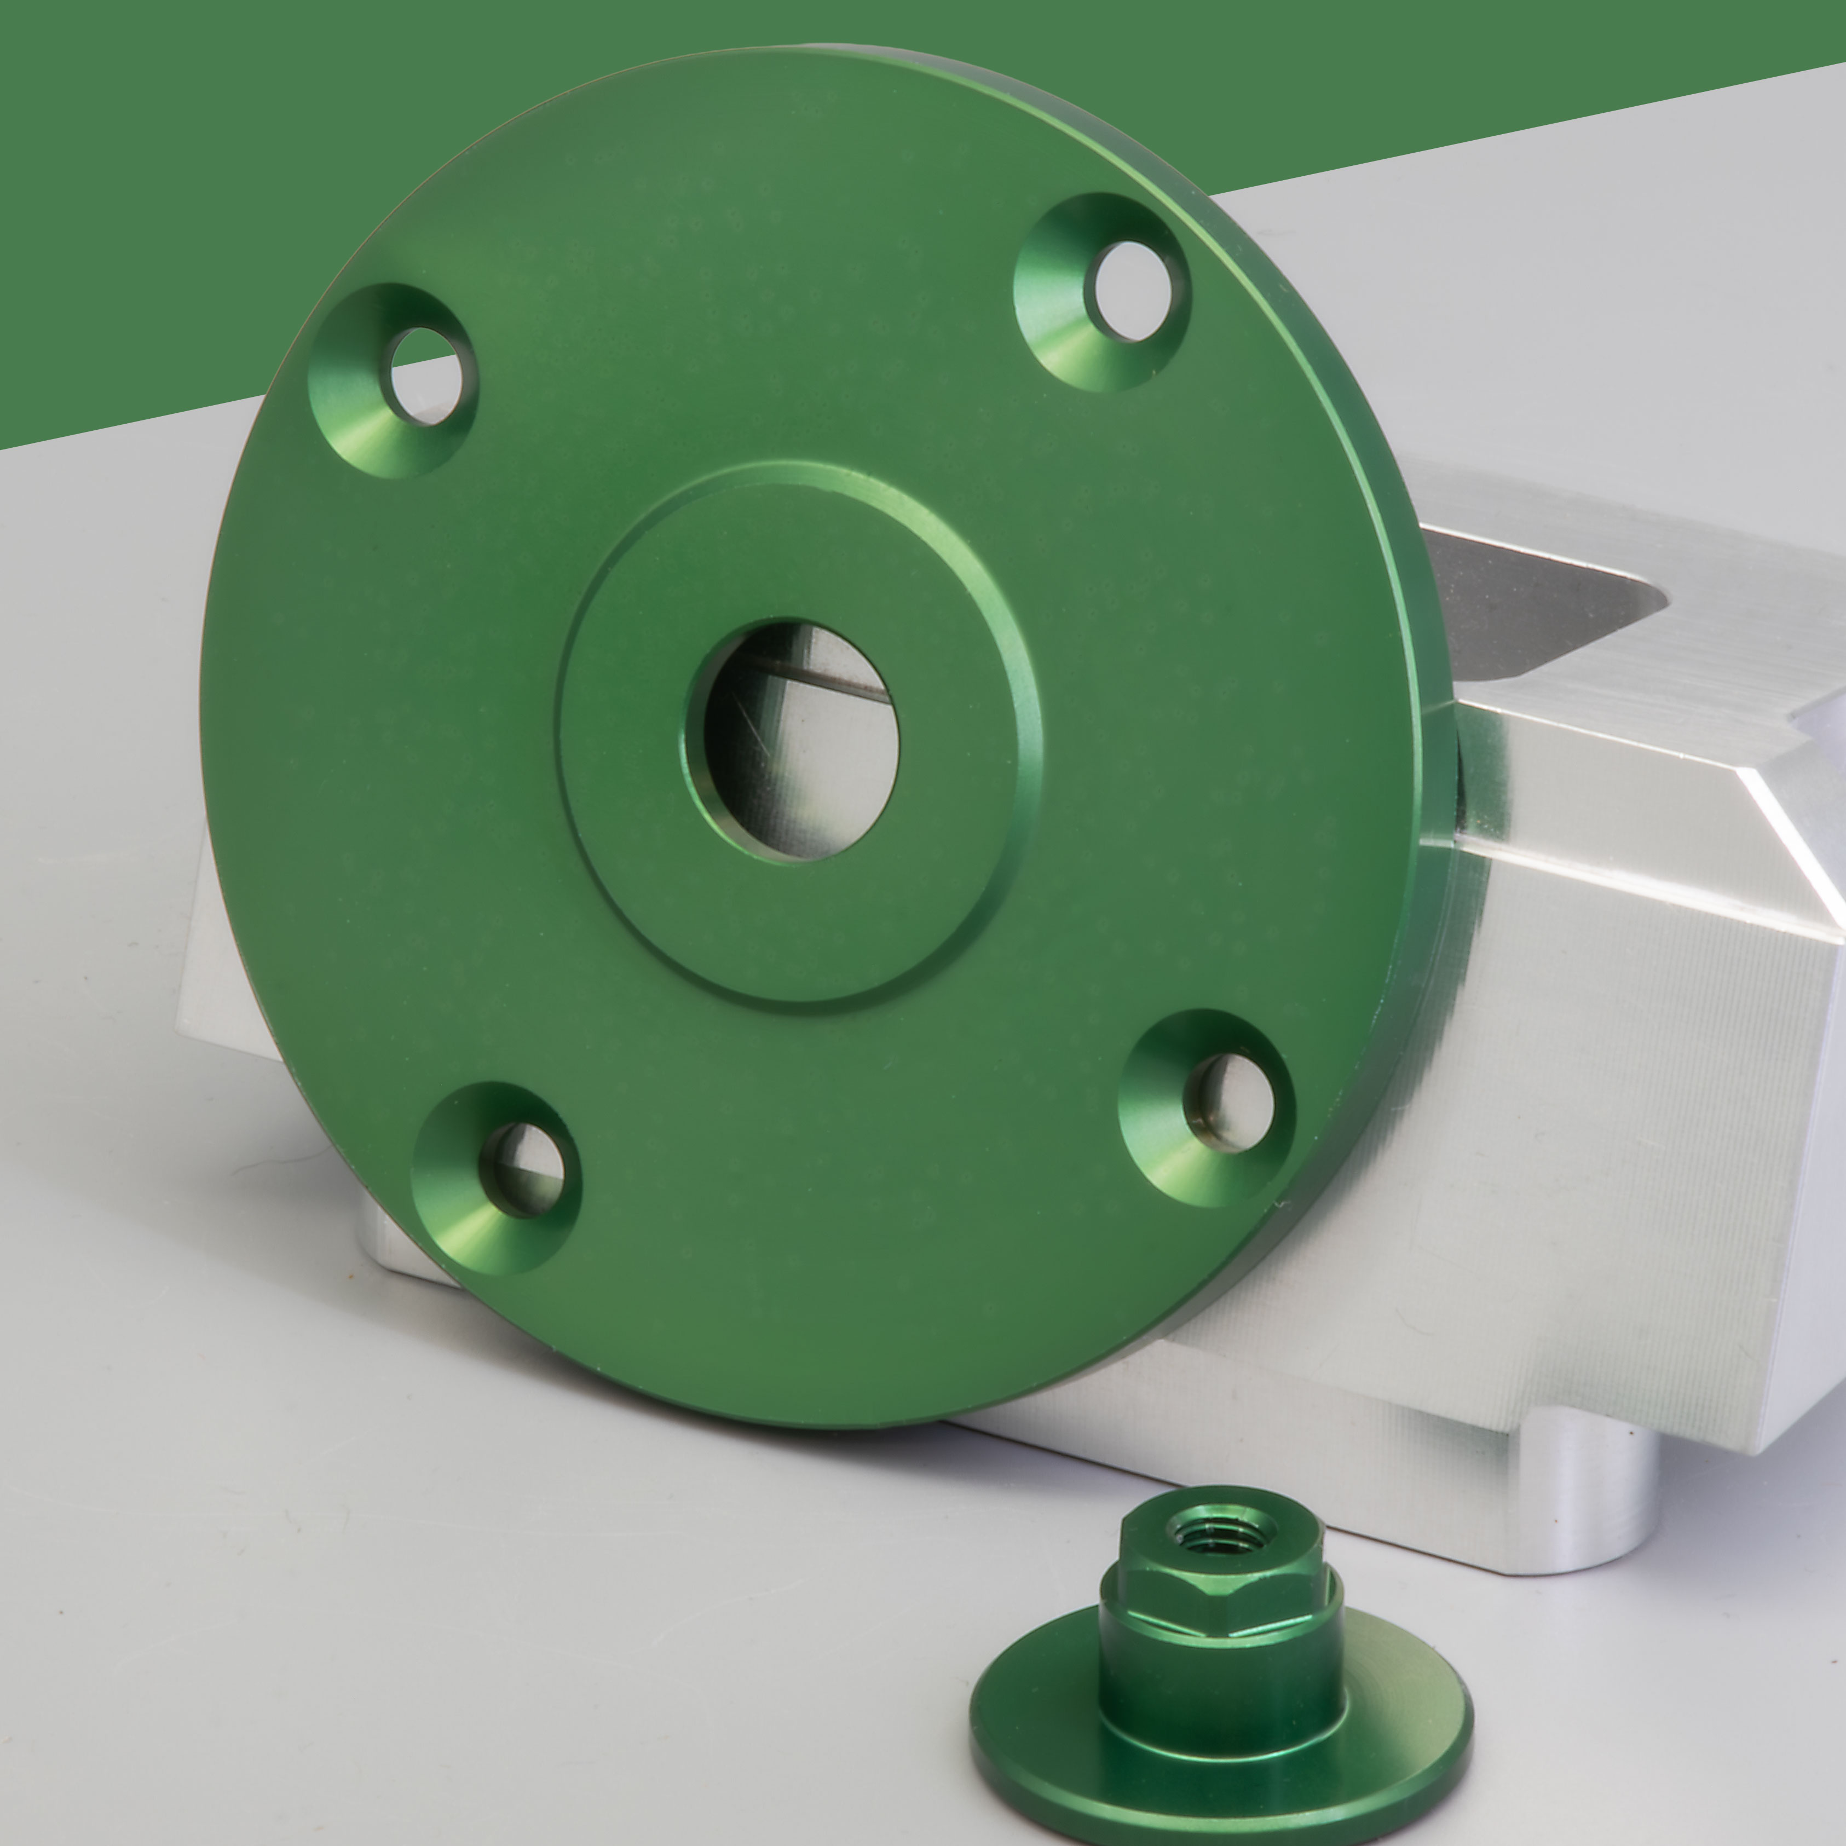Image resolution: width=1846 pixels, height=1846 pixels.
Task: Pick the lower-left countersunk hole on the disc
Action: (523, 1169)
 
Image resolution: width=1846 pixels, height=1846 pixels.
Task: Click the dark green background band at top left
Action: (143, 191)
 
